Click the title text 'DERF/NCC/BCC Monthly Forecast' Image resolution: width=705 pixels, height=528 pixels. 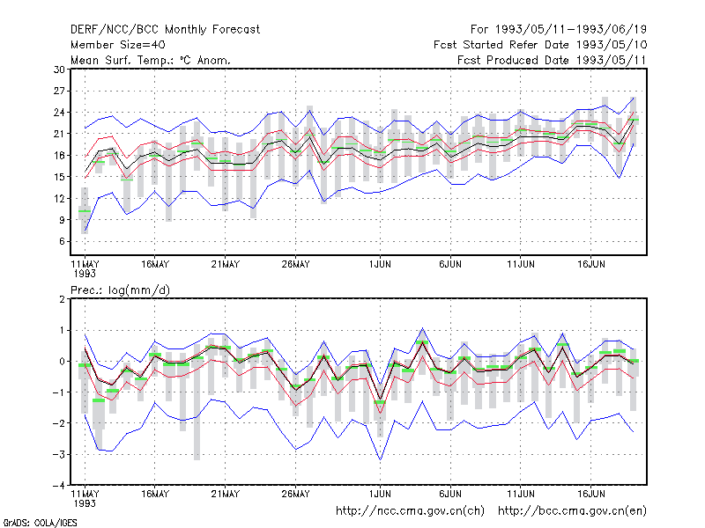click(165, 30)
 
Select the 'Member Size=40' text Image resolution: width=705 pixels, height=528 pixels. click(118, 45)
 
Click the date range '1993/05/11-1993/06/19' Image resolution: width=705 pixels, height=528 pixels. click(570, 30)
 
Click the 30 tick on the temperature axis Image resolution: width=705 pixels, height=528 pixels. click(59, 70)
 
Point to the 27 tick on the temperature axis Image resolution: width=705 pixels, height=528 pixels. click(59, 92)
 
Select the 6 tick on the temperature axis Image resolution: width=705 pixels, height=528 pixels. click(62, 241)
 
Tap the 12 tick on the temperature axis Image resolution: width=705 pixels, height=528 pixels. click(59, 199)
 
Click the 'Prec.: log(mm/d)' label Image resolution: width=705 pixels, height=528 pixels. click(120, 290)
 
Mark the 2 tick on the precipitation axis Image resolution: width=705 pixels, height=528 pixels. click(62, 299)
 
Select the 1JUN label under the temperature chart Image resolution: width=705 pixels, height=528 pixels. click(380, 265)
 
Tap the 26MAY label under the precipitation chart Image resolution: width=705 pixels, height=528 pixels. click(295, 495)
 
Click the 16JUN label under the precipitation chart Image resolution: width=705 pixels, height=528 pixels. click(590, 495)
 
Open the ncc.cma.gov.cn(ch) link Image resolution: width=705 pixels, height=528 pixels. click(410, 511)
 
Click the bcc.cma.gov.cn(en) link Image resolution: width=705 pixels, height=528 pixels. click(572, 511)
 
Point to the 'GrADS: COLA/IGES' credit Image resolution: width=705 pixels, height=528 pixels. click(41, 523)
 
